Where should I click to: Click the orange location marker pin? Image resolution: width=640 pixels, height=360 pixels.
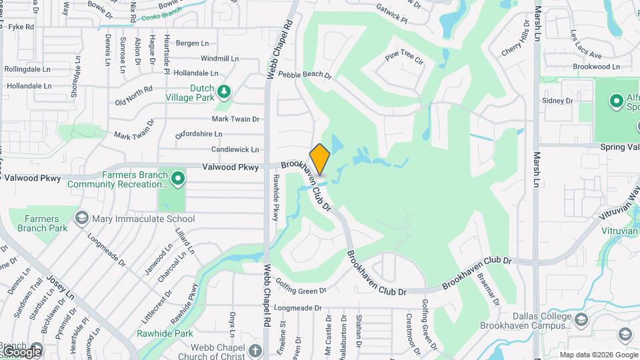[320, 159]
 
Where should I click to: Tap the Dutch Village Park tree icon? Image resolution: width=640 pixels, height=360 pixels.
[225, 91]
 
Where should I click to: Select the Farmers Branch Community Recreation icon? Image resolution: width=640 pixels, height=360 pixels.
[177, 178]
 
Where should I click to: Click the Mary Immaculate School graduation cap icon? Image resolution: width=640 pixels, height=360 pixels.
[81, 218]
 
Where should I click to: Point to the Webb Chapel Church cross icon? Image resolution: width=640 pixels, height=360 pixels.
[255, 350]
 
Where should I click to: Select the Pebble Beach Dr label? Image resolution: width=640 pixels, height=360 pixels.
[305, 75]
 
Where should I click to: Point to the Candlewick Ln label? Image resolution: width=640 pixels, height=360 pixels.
[235, 149]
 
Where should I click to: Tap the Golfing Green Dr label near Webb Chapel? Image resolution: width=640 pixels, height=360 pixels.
[301, 291]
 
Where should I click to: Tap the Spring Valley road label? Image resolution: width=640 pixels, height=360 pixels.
[619, 146]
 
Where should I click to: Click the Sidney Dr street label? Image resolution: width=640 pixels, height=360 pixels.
[558, 101]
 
